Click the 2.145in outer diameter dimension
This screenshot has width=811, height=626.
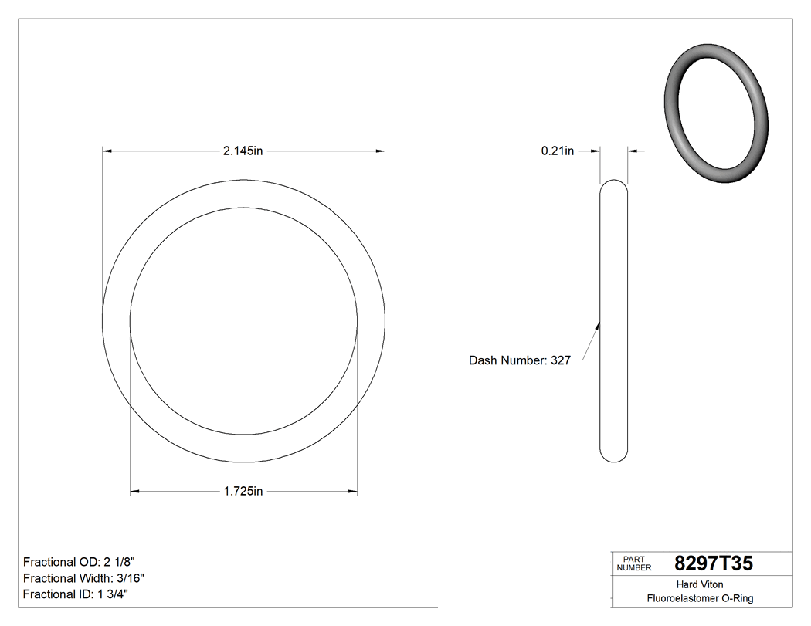pos(243,151)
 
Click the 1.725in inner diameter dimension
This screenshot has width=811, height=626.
pos(243,491)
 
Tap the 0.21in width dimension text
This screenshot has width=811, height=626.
pos(557,151)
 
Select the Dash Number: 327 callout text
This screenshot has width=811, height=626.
pos(519,360)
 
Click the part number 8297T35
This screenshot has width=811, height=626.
pos(713,563)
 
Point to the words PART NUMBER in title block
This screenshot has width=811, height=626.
pos(633,563)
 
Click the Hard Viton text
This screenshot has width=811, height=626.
pos(700,584)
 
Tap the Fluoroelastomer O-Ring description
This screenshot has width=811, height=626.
pos(700,598)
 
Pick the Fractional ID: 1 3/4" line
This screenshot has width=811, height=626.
pos(76,594)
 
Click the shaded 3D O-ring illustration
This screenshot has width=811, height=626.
pos(716,114)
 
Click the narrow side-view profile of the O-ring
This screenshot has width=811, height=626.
pos(614,321)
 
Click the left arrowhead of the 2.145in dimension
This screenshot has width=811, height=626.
pos(108,151)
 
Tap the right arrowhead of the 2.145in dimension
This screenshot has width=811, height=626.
pos(380,151)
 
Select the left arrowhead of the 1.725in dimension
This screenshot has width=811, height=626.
pos(135,491)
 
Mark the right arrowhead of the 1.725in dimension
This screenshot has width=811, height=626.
pos(352,491)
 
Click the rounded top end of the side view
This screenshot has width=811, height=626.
pos(614,185)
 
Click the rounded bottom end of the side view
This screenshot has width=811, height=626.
pos(614,457)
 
